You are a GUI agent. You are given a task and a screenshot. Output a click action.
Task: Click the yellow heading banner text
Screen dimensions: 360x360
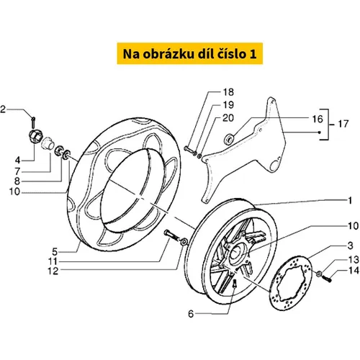189,54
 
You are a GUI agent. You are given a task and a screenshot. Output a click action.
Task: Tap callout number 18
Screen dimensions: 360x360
228,92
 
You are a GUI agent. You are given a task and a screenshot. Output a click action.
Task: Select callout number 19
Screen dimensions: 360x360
228,105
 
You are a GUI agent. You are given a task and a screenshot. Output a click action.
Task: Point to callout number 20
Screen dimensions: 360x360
228,118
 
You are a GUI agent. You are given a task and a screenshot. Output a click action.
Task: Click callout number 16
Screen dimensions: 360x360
318,119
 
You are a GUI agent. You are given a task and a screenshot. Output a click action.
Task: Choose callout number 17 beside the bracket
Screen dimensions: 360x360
343,124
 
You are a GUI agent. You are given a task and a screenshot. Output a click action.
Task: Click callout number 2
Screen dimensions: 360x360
3,109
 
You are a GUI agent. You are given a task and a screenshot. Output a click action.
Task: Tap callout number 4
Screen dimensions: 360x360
17,160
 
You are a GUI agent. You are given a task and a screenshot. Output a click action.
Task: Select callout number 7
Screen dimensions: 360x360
17,171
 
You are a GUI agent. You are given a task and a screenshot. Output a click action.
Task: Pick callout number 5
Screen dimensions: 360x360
55,252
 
